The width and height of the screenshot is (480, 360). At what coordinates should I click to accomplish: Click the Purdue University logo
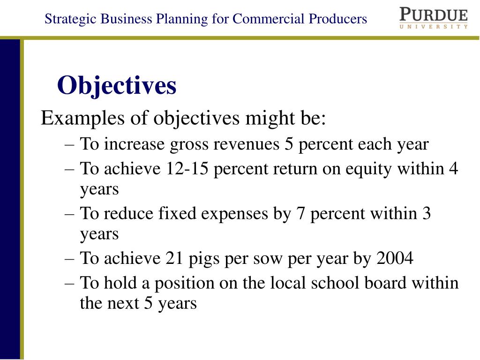tap(433, 17)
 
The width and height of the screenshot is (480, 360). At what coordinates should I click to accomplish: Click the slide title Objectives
tap(117, 86)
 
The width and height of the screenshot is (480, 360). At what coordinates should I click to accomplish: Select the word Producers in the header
tap(337, 19)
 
